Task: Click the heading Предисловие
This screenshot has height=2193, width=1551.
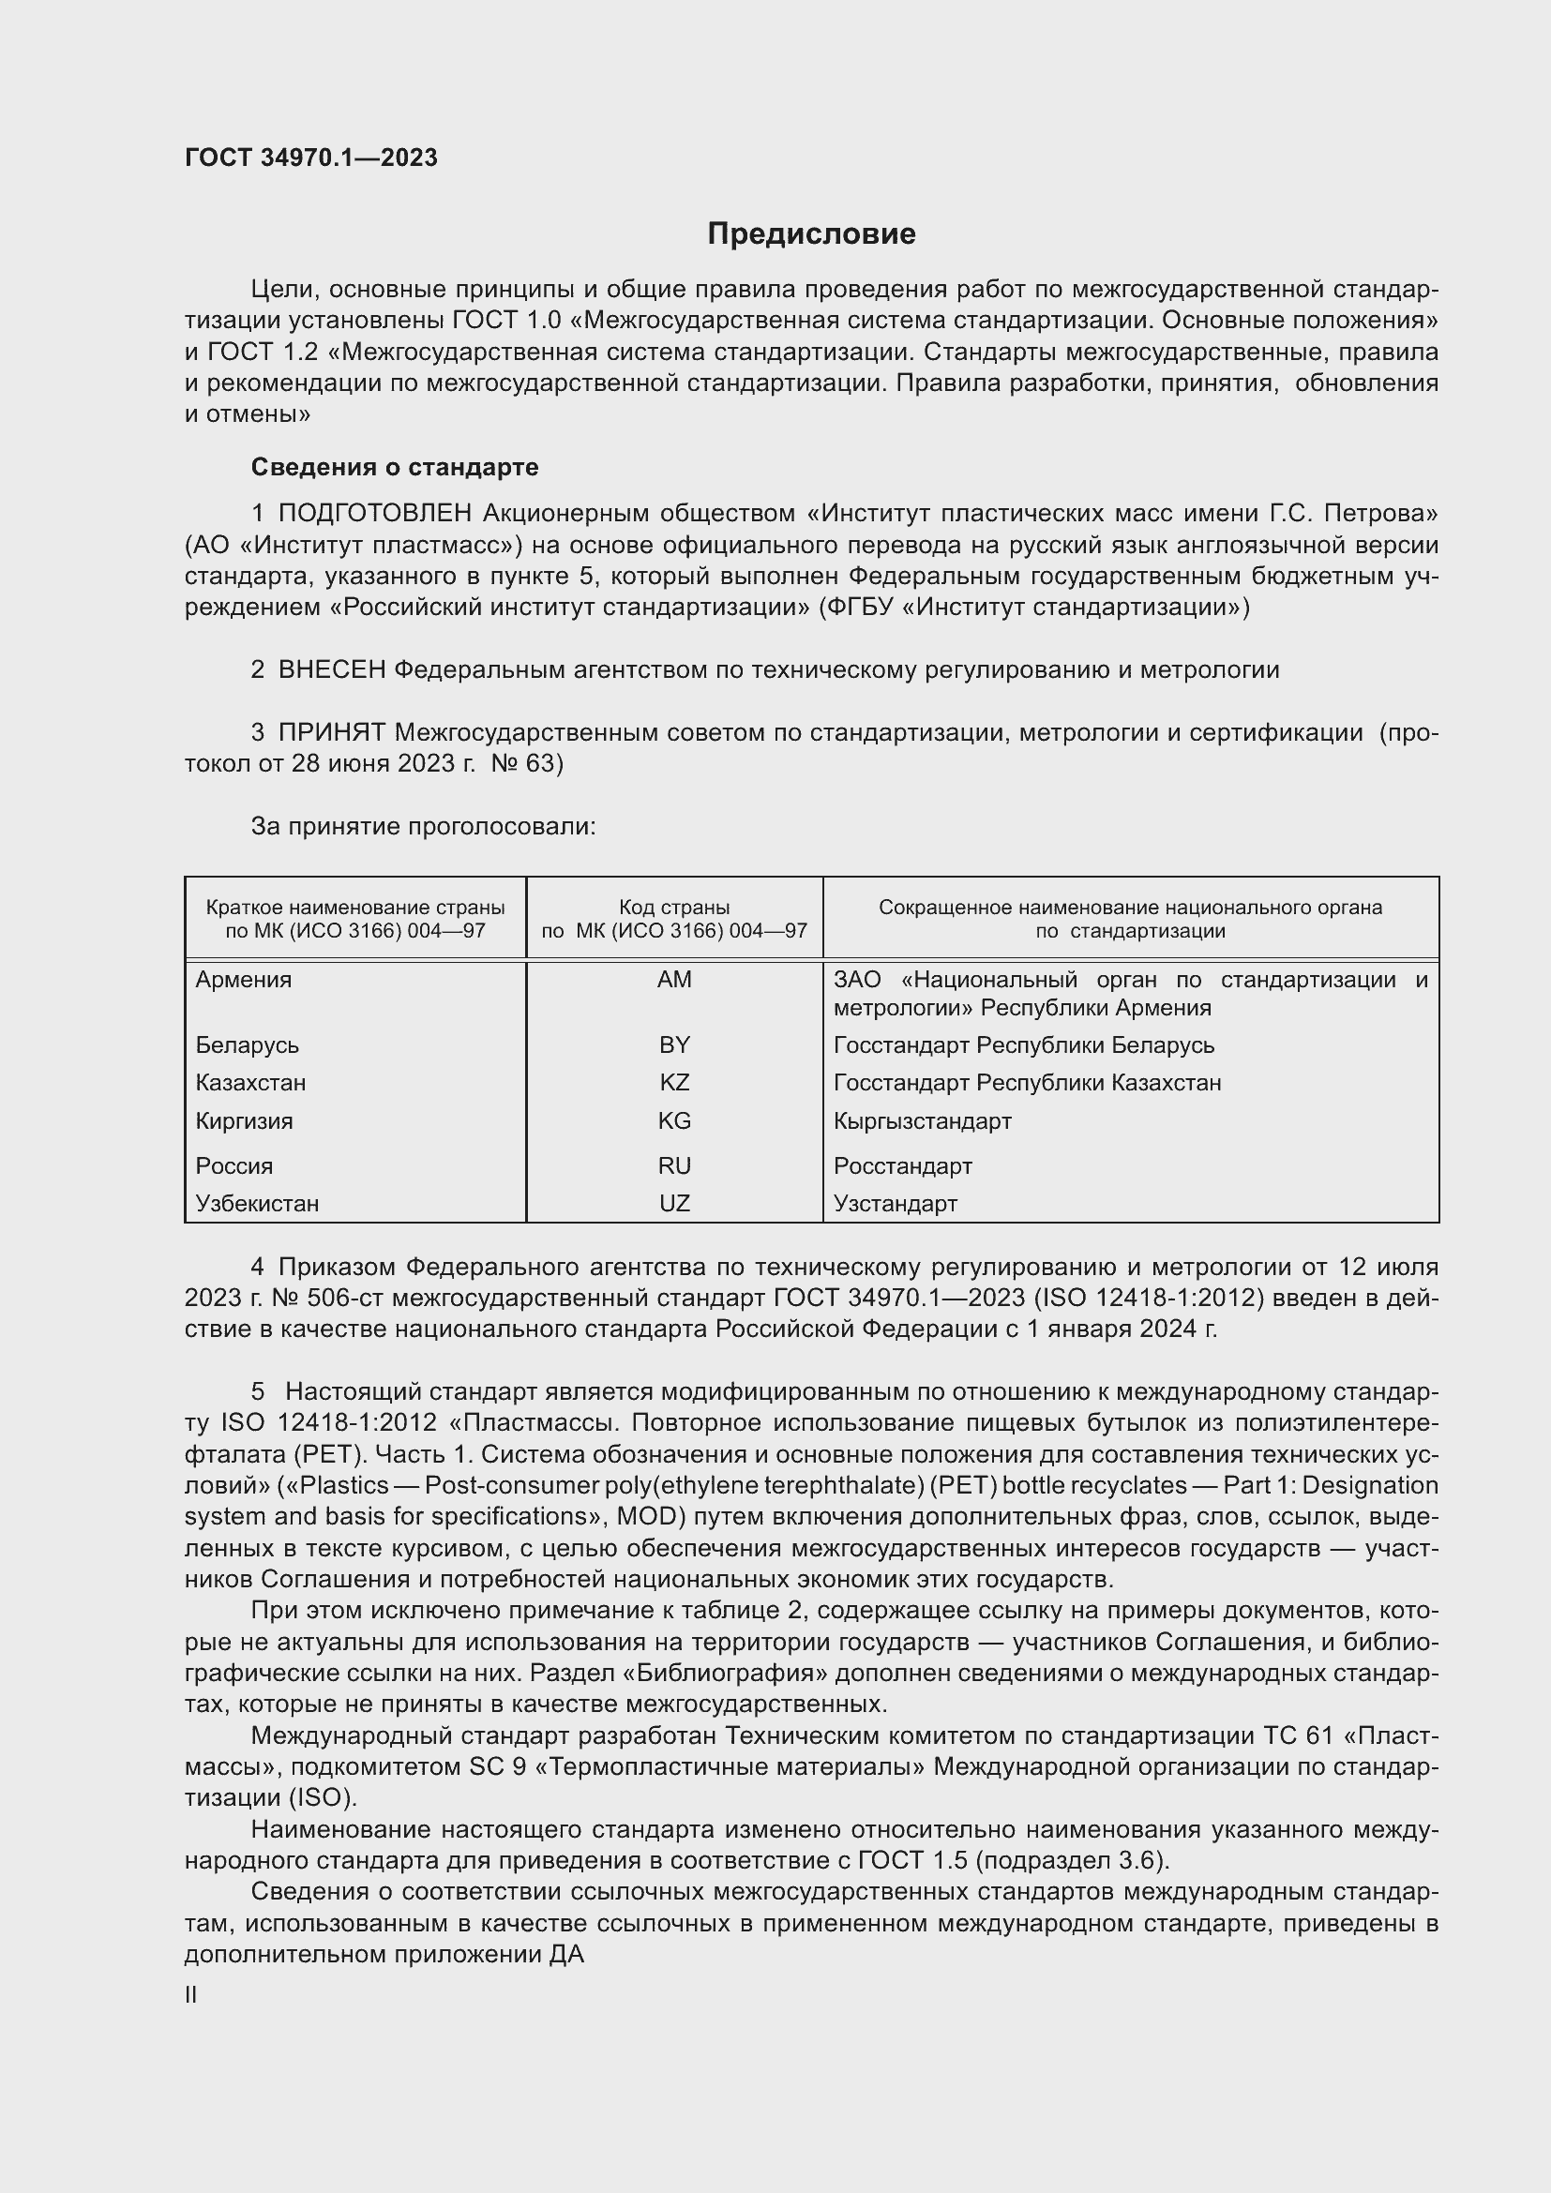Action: point(811,234)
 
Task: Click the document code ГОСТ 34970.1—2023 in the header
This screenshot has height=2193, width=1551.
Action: point(311,158)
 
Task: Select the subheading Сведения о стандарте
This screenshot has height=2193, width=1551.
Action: point(395,467)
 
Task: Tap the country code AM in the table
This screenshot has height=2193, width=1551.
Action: point(674,979)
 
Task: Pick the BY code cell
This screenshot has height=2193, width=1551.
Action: point(674,1044)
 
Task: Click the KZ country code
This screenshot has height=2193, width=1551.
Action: point(674,1082)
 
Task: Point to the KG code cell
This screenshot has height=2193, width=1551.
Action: point(674,1120)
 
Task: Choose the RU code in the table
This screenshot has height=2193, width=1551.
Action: point(674,1165)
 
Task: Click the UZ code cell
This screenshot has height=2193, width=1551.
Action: point(674,1204)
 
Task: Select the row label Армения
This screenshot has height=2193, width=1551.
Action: point(244,979)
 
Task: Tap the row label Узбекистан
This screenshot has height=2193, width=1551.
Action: point(257,1204)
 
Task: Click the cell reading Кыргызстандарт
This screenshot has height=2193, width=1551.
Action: point(922,1120)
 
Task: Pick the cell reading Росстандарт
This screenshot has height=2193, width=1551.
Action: point(902,1165)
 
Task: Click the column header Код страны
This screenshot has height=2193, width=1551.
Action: point(674,908)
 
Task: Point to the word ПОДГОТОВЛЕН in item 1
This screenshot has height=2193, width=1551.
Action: point(375,514)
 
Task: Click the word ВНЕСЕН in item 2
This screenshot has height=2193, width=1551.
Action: point(331,670)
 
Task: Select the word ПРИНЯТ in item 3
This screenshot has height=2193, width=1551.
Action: point(331,732)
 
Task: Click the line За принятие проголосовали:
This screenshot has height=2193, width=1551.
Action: point(423,826)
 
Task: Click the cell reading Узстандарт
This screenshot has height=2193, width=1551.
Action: point(895,1204)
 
